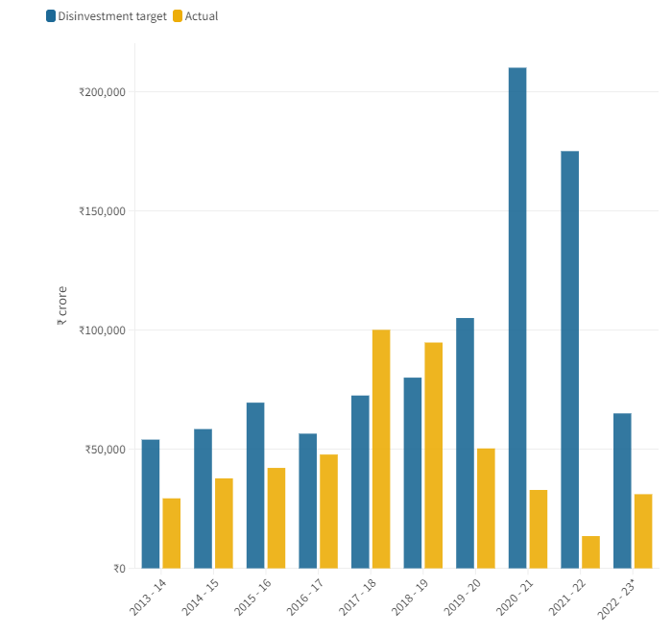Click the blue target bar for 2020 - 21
click(x=517, y=317)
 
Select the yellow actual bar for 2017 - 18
click(x=381, y=449)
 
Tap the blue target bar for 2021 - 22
click(x=569, y=359)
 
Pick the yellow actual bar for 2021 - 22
click(x=590, y=551)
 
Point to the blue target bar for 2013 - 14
click(x=151, y=503)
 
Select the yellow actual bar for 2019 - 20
click(x=486, y=508)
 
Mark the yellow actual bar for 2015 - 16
click(x=276, y=518)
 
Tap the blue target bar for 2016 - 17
click(x=307, y=501)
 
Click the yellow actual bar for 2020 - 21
click(x=539, y=528)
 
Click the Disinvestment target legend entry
click(x=106, y=16)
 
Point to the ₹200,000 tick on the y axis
click(x=102, y=92)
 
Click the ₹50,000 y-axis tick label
click(x=105, y=450)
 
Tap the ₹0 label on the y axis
click(x=118, y=569)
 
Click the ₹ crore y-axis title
click(x=61, y=306)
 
